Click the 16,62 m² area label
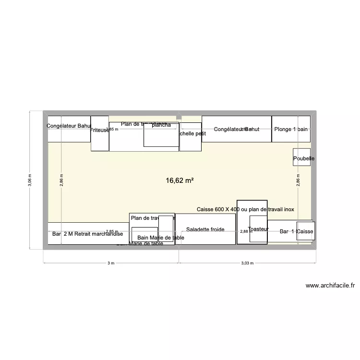pyautogui.click(x=180, y=181)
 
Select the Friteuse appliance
pyautogui.click(x=100, y=133)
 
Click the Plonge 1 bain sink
pyautogui.click(x=291, y=129)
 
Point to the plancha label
pyautogui.click(x=161, y=125)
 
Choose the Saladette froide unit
pyautogui.click(x=205, y=229)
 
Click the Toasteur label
pyautogui.click(x=258, y=229)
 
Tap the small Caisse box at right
pyautogui.click(x=305, y=231)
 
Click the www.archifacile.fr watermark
pyautogui.click(x=330, y=286)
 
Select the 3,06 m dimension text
pyautogui.click(x=30, y=180)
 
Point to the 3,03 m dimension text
pyautogui.click(x=247, y=263)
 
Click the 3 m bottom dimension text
pyautogui.click(x=111, y=263)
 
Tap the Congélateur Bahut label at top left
pyautogui.click(x=69, y=126)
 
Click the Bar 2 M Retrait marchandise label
pyautogui.click(x=87, y=234)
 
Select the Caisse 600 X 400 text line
pyautogui.click(x=246, y=210)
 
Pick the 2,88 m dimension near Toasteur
pyautogui.click(x=246, y=231)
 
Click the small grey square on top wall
pyautogui.click(x=179, y=116)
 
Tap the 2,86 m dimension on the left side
pyautogui.click(x=61, y=180)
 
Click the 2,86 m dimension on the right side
pyautogui.click(x=298, y=180)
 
